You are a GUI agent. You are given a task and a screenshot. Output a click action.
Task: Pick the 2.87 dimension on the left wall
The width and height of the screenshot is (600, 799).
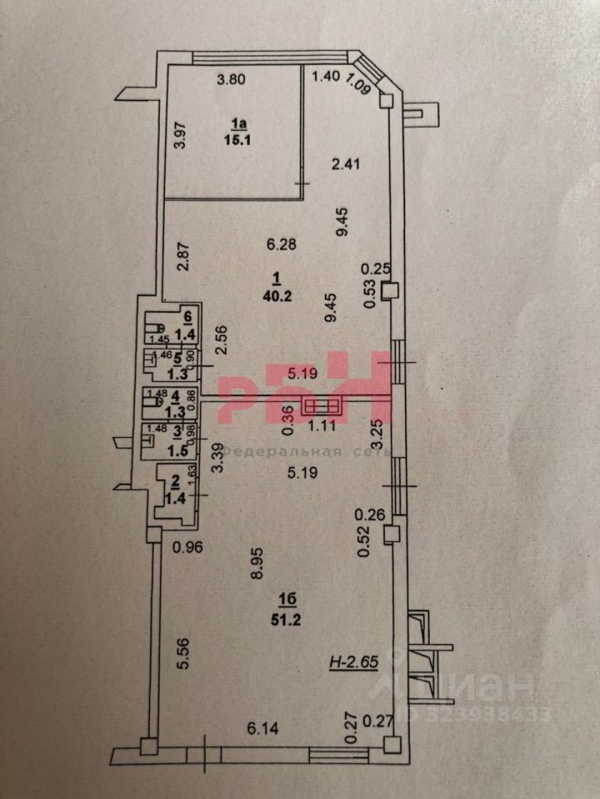tap(184, 257)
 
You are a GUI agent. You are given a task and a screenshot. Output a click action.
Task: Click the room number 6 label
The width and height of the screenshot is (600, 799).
tap(188, 316)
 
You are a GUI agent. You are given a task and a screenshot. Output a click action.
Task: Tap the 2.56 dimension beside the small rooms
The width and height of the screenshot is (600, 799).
tap(221, 342)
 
